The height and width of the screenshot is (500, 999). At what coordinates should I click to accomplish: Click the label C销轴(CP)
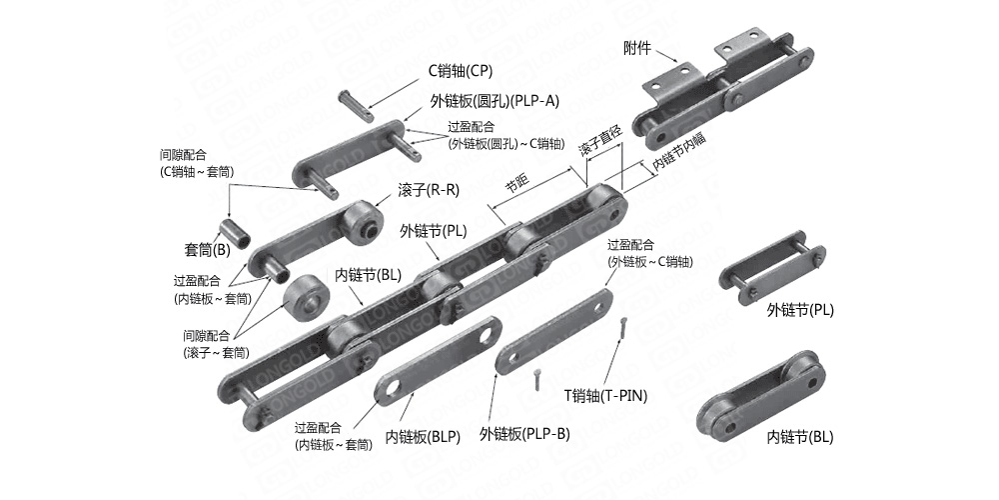(461, 71)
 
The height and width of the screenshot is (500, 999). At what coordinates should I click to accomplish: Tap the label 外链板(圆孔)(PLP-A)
(495, 101)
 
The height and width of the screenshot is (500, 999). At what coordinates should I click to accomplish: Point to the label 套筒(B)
(207, 249)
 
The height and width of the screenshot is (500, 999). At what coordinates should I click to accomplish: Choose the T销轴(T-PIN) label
(606, 395)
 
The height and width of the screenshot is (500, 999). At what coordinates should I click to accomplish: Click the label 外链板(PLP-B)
(524, 433)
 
